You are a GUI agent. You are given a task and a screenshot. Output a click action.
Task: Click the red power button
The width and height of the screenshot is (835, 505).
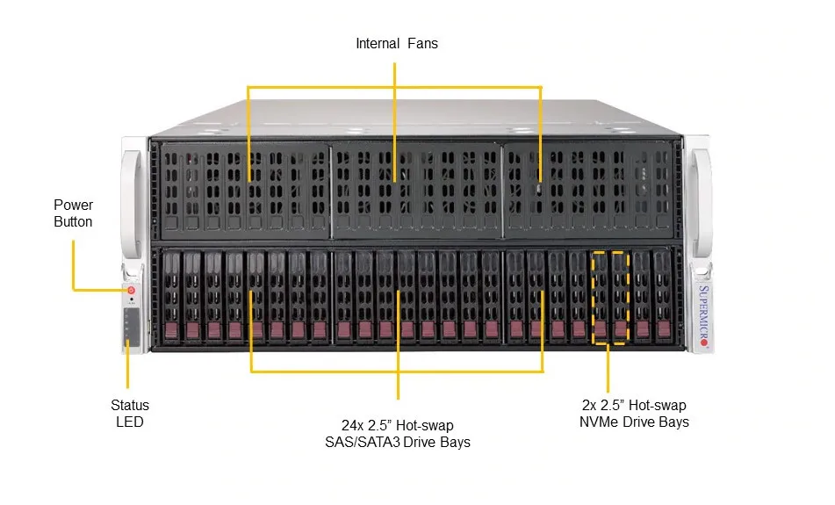click(132, 289)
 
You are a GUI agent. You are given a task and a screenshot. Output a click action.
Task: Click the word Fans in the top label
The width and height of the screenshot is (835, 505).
click(422, 43)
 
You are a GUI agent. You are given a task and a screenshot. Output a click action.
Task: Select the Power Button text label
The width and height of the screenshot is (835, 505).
click(73, 213)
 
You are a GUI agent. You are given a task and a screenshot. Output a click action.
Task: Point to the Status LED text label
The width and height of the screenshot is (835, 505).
click(129, 414)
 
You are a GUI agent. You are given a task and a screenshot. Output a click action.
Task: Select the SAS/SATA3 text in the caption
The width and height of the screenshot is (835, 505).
click(363, 443)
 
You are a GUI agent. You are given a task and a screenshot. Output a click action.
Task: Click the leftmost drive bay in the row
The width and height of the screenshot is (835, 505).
click(170, 296)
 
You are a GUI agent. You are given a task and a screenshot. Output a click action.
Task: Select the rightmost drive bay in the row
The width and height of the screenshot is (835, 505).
click(663, 296)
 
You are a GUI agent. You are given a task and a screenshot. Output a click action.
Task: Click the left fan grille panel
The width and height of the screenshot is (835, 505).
click(241, 187)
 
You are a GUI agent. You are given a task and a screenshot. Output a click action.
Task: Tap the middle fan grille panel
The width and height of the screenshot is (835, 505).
click(416, 187)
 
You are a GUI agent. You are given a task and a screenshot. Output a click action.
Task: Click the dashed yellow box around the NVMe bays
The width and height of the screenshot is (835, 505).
click(610, 253)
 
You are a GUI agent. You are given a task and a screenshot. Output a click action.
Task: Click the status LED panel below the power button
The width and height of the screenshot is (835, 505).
click(131, 326)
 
